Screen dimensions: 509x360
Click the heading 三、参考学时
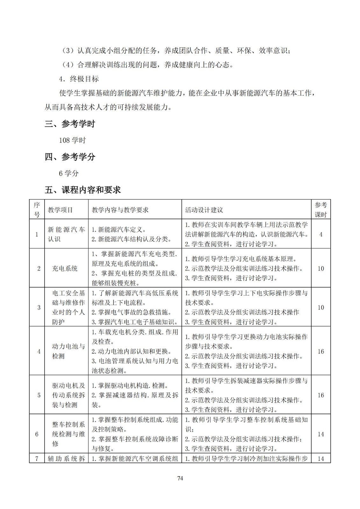[70, 124]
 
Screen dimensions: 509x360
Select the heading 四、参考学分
[70, 157]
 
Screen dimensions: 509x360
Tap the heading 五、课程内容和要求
[82, 190]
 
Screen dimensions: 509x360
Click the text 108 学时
[72, 140]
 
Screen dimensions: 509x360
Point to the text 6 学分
[69, 173]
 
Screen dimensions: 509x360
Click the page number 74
[180, 478]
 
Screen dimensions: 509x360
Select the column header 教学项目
[60, 210]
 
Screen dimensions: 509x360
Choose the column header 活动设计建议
[204, 210]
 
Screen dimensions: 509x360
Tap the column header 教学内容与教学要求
[120, 210]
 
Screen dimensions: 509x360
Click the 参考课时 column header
[321, 210]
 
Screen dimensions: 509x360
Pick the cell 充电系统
[65, 268]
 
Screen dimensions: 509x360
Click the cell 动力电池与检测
[68, 351]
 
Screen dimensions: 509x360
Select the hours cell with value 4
[321, 234]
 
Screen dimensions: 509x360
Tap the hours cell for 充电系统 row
[321, 268]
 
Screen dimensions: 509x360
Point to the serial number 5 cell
[39, 395]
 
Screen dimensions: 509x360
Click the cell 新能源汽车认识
[66, 234]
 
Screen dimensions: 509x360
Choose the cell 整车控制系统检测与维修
[68, 434]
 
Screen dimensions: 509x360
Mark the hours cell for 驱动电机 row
[321, 395]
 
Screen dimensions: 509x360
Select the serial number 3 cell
[39, 307]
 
